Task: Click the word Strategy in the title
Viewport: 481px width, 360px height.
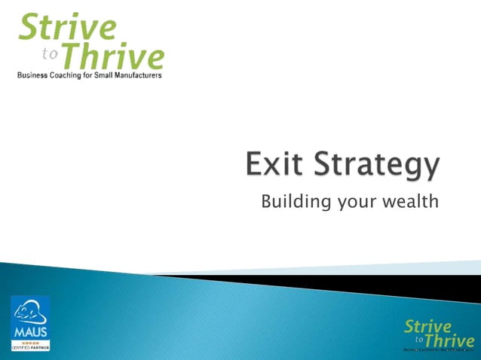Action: pyautogui.click(x=375, y=166)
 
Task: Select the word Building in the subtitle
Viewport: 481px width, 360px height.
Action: pyautogui.click(x=291, y=202)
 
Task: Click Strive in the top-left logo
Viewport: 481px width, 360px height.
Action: pyautogui.click(x=68, y=28)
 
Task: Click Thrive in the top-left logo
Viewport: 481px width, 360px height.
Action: pyautogui.click(x=111, y=55)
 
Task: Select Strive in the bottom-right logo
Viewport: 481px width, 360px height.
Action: pyautogui.click(x=427, y=326)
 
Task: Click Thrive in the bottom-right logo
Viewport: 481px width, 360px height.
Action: pyautogui.click(x=449, y=340)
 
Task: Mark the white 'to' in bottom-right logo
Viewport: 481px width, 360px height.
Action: pyautogui.click(x=418, y=339)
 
